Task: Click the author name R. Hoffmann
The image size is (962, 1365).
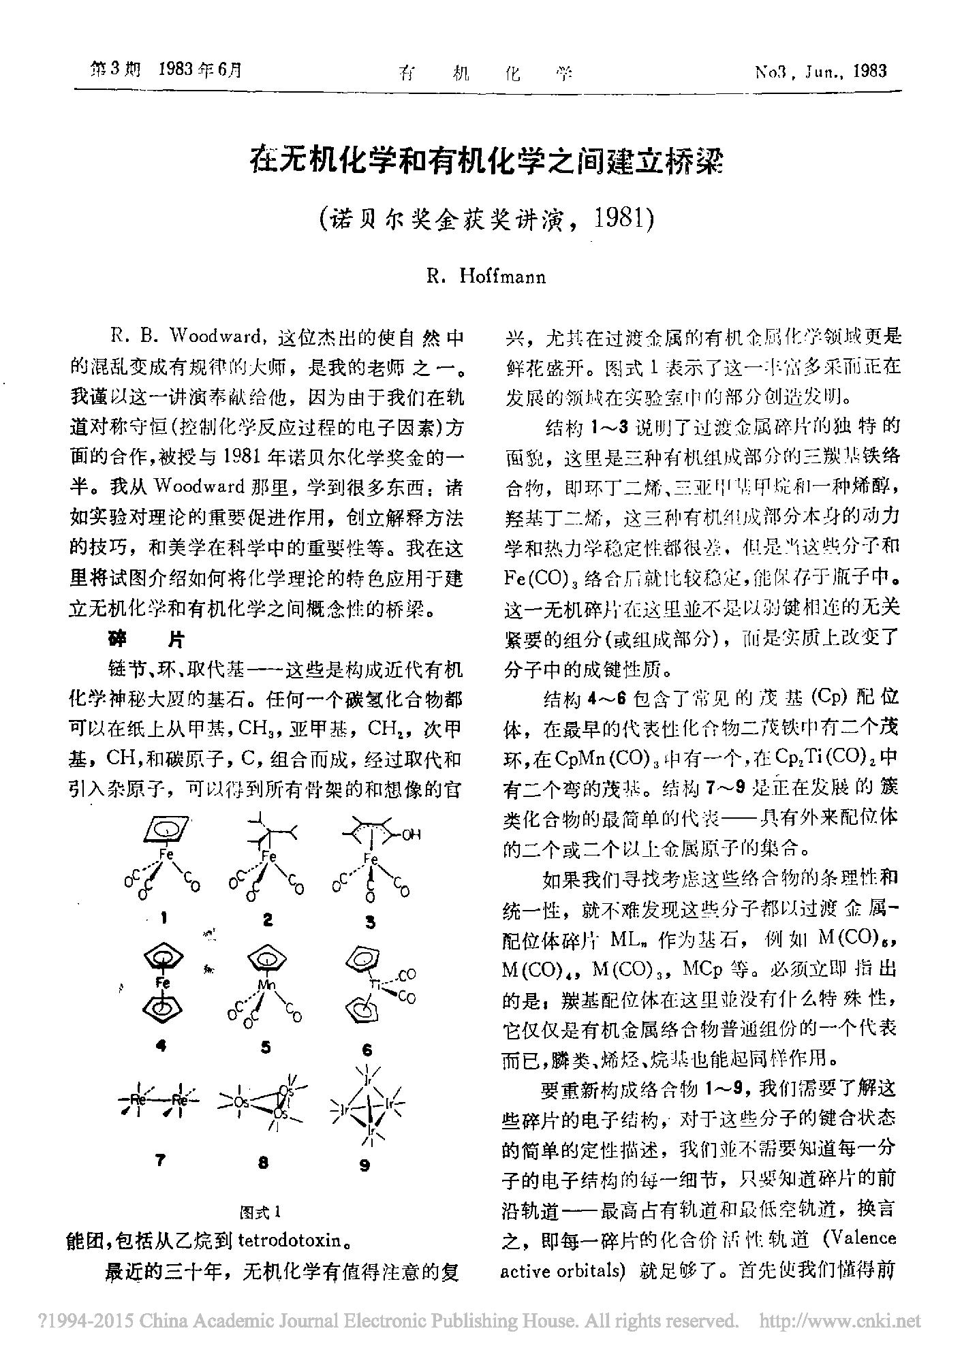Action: pyautogui.click(x=485, y=277)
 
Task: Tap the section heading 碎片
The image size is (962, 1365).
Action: pyautogui.click(x=146, y=639)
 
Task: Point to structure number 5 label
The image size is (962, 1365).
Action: pyautogui.click(x=266, y=1047)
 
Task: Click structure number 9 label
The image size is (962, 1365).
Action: pyautogui.click(x=364, y=1165)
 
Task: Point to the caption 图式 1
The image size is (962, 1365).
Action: pyautogui.click(x=262, y=1212)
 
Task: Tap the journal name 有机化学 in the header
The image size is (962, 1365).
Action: pyautogui.click(x=485, y=72)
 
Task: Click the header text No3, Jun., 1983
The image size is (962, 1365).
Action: pyautogui.click(x=820, y=71)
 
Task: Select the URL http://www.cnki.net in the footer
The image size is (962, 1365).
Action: pyautogui.click(x=839, y=1321)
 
